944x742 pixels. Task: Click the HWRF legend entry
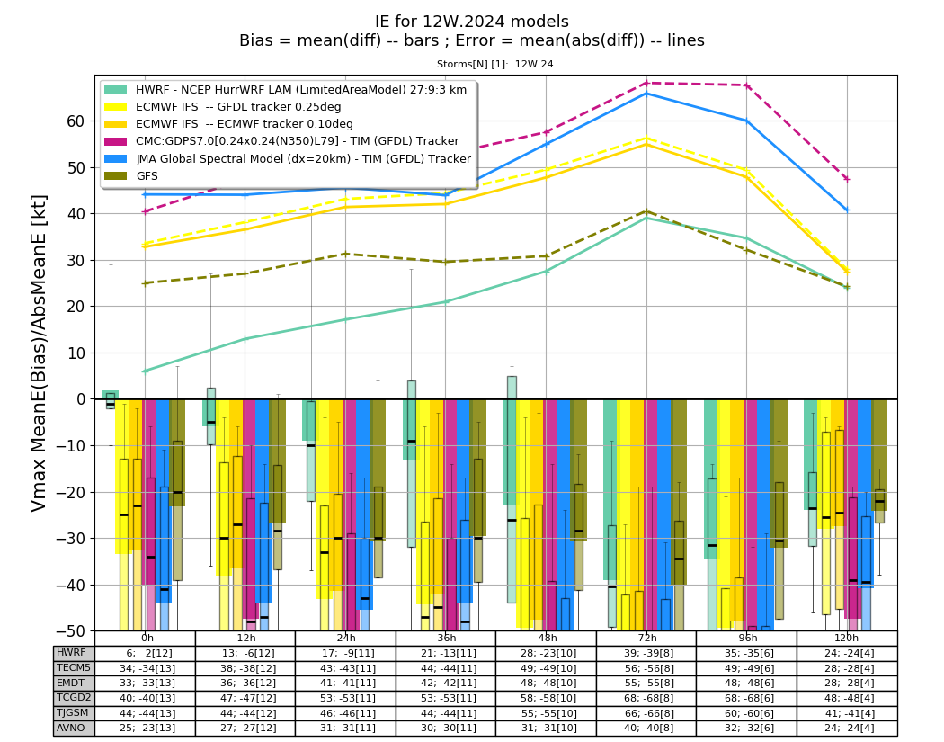tap(285, 90)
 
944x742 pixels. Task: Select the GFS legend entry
tap(131, 176)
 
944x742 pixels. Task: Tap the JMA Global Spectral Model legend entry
tap(288, 159)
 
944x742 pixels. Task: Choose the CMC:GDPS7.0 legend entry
tap(281, 141)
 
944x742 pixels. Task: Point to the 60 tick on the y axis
tap(76, 121)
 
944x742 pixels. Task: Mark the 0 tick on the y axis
tap(80, 399)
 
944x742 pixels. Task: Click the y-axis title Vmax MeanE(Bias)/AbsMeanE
tap(38, 353)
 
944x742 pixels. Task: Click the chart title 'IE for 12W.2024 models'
tap(471, 22)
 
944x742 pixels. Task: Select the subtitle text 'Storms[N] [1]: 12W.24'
tap(494, 64)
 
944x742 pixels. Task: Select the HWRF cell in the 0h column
tap(145, 653)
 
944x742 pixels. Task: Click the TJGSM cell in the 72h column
tap(646, 713)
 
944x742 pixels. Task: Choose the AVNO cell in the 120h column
tap(847, 728)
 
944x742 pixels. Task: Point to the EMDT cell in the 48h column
tap(546, 683)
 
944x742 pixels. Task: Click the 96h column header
tap(746, 638)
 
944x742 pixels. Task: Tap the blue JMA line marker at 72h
tap(646, 94)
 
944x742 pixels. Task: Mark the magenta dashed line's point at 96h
tap(747, 85)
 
